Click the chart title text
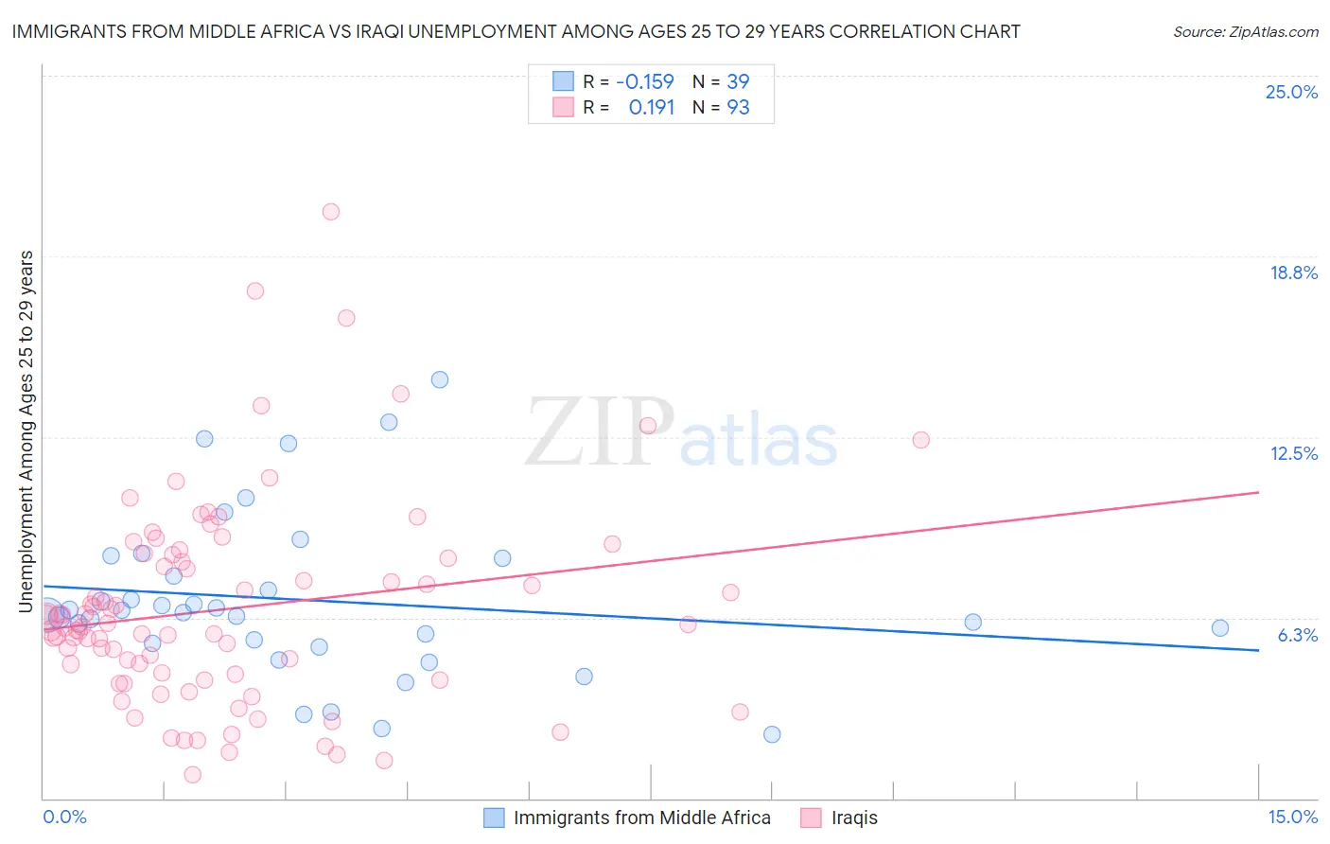tap(516, 31)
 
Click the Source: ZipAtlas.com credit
tap(1245, 32)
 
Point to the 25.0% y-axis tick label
tap(1291, 92)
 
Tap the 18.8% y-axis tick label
tap(1293, 273)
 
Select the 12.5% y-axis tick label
tap(1293, 453)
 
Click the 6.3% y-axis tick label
tap(1297, 635)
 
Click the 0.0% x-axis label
tap(64, 817)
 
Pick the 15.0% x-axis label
tap(1292, 817)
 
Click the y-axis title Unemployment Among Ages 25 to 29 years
tap(26, 431)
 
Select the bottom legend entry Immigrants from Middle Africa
tap(641, 818)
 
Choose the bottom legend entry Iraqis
tap(853, 818)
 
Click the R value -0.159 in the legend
tap(644, 82)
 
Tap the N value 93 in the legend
tap(738, 108)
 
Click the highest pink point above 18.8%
tap(331, 212)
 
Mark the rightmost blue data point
tap(1220, 628)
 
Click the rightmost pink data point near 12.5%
tap(921, 440)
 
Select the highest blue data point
tap(440, 379)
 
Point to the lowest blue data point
tap(772, 734)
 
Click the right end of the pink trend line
tap(1258, 492)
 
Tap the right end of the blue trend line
tap(1258, 650)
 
